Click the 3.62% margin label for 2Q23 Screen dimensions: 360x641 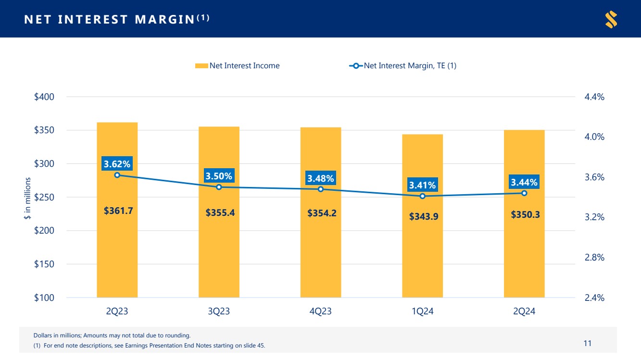point(117,164)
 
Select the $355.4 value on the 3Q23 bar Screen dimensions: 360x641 point(220,212)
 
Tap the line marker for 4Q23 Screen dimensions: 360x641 point(321,189)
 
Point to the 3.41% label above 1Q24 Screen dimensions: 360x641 point(422,185)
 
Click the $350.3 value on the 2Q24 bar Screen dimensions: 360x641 point(525,214)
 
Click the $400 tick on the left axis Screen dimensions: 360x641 point(44,97)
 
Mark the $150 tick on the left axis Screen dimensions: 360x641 point(44,264)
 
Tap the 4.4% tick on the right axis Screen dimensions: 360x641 point(594,97)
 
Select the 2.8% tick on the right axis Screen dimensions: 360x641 point(594,258)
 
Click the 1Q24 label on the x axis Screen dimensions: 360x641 point(422,311)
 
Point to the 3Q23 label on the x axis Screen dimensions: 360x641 point(218,311)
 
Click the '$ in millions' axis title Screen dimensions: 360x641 point(27,199)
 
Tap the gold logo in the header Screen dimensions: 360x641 point(611,19)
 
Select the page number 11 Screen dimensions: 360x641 point(587,343)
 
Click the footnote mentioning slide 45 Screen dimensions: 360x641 point(149,346)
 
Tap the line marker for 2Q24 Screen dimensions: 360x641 point(524,193)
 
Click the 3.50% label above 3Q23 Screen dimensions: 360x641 point(219,176)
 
